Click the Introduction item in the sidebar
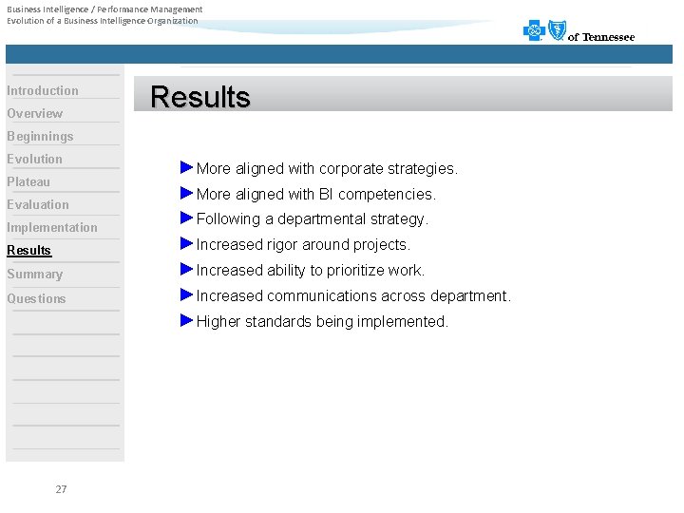43,91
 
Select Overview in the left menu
35,114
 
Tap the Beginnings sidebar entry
40,137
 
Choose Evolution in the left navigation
35,160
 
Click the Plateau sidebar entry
28,182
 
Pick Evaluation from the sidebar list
38,205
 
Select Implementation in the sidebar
52,228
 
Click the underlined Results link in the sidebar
29,251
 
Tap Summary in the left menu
35,275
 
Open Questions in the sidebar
37,299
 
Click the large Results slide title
200,97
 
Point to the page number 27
61,489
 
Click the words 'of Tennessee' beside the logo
601,38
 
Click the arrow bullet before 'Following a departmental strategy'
186,218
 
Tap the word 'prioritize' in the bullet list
348,271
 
